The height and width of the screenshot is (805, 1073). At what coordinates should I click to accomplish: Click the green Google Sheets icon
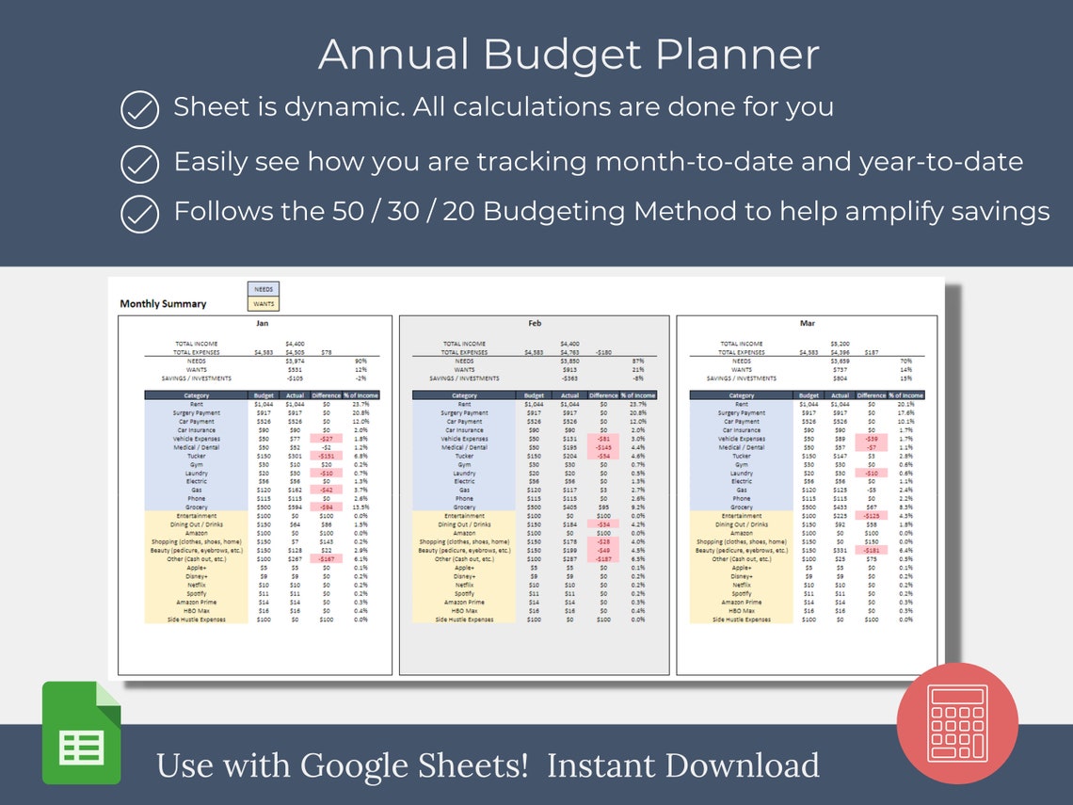click(x=82, y=733)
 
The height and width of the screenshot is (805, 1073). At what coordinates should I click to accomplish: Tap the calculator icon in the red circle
click(x=956, y=723)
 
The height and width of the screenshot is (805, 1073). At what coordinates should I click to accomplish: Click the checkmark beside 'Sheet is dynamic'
click(x=140, y=110)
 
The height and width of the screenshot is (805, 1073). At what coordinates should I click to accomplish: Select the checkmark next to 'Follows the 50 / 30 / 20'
click(x=140, y=214)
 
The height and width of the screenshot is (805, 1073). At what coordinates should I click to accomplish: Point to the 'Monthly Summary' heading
click(x=163, y=304)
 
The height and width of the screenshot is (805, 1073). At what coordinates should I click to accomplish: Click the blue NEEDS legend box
click(x=263, y=290)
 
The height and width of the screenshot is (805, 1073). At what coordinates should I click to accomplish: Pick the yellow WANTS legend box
click(x=263, y=303)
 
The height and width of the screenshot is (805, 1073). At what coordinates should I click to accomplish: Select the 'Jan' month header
click(x=262, y=323)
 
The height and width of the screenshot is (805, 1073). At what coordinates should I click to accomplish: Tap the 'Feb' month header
click(x=534, y=323)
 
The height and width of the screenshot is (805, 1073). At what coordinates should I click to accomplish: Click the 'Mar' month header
click(x=807, y=323)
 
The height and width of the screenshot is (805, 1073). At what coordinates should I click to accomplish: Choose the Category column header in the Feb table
click(x=464, y=395)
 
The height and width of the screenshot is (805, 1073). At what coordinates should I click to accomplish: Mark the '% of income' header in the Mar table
click(x=907, y=395)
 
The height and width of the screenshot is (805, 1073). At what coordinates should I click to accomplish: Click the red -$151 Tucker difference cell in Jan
click(x=326, y=456)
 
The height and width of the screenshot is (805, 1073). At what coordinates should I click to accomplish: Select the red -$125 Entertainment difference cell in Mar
click(x=872, y=516)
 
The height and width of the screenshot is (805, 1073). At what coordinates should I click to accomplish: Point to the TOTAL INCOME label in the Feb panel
click(x=463, y=344)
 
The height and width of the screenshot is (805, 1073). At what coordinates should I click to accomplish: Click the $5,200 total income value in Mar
click(x=840, y=344)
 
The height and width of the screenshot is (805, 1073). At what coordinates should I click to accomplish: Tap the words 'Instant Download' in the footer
click(x=682, y=765)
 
